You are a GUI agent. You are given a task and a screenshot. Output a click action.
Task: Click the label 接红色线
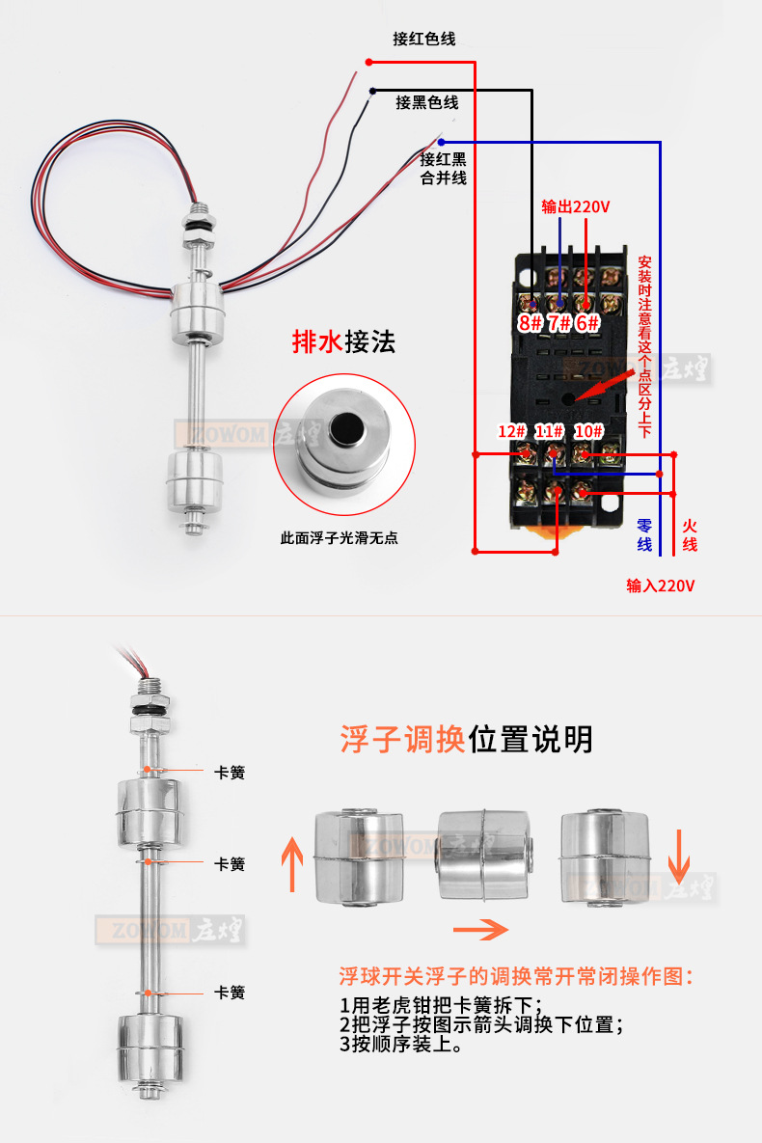coord(423,40)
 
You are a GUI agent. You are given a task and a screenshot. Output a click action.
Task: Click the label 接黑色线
coord(426,102)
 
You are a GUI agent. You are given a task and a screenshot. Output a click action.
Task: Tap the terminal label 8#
coord(531,323)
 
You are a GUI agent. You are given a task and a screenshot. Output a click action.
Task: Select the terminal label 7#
coord(559,323)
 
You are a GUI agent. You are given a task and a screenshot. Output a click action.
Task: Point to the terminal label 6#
coord(588,323)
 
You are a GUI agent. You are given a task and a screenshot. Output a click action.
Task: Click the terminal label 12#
coord(511,431)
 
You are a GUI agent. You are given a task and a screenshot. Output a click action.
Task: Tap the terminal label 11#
coord(550,431)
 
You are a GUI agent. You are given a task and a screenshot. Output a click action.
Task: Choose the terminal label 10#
coord(588,431)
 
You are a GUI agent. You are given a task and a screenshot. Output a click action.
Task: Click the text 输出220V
coord(576,206)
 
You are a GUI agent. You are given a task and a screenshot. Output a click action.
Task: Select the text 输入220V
coord(661,585)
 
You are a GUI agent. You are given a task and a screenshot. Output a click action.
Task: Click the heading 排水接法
coord(344,342)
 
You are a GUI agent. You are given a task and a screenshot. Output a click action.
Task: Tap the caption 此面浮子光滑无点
coord(339,538)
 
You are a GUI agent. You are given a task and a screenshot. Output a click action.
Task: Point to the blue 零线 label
coord(644,535)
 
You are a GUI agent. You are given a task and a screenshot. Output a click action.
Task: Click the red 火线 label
coord(690,535)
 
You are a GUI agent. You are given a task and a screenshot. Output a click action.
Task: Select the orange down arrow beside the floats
coord(678,854)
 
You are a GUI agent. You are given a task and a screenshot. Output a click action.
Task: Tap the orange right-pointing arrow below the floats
coord(480,930)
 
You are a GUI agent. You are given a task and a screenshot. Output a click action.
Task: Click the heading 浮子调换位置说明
coord(466,740)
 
